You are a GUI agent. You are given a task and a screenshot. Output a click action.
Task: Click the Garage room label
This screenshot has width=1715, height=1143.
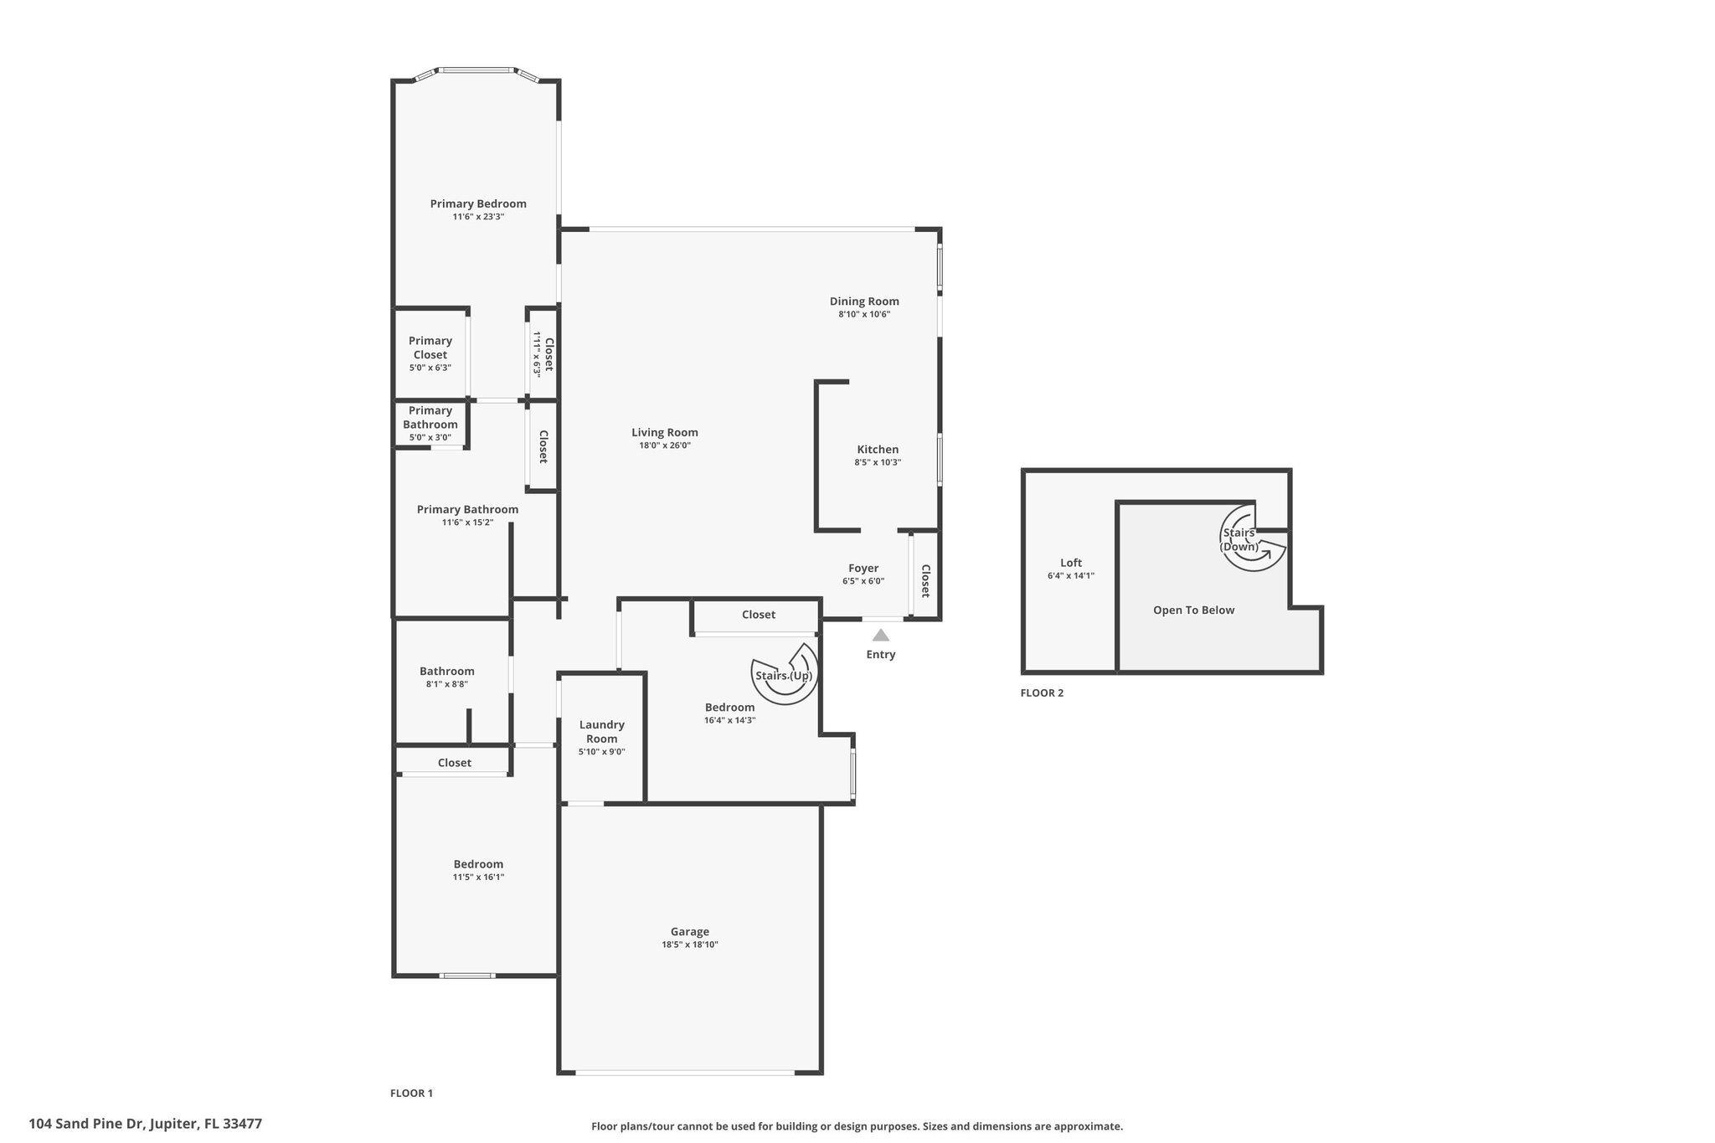(x=689, y=931)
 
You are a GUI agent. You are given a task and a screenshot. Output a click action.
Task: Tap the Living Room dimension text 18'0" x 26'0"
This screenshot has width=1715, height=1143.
(x=664, y=445)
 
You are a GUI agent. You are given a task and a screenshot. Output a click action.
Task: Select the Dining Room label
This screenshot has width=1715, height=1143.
(x=864, y=301)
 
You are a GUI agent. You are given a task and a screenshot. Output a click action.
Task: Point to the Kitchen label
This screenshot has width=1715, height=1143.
(x=878, y=450)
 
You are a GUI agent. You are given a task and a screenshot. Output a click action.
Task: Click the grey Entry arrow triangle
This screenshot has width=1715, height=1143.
(x=881, y=636)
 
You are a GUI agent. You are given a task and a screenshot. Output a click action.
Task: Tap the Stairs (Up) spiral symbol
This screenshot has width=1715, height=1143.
(x=785, y=673)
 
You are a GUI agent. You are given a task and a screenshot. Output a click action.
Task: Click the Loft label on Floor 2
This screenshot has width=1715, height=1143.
(x=1071, y=563)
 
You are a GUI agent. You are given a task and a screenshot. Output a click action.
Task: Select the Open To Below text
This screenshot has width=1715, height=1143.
(x=1193, y=610)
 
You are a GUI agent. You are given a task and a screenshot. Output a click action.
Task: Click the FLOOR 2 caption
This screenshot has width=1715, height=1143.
(x=1042, y=692)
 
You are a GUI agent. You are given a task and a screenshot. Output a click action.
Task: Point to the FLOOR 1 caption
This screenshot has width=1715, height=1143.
(x=411, y=1093)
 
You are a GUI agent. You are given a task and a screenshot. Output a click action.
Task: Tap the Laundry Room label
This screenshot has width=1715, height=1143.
(x=601, y=731)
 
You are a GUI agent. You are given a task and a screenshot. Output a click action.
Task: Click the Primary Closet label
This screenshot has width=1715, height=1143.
(x=430, y=348)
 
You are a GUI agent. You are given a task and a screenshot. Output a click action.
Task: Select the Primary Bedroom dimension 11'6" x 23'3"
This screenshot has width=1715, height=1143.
(x=478, y=217)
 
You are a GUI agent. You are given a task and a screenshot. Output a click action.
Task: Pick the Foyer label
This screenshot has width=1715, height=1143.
(x=863, y=568)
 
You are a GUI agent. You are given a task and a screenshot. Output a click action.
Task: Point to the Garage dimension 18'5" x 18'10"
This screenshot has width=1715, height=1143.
(x=689, y=945)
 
